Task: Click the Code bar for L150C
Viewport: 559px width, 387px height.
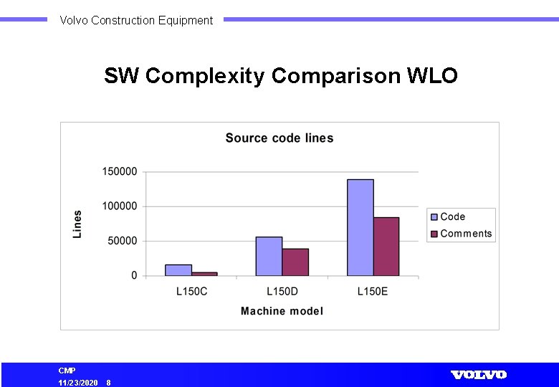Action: [178, 270]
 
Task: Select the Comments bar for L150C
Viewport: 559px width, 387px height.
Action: [204, 274]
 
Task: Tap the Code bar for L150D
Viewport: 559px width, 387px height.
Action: [269, 256]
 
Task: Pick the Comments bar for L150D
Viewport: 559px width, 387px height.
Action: [295, 262]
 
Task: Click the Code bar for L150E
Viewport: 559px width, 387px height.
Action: [360, 227]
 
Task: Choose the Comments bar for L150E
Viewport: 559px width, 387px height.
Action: [386, 247]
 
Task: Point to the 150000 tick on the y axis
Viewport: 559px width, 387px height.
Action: [120, 172]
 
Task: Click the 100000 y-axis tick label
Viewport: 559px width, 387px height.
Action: [120, 206]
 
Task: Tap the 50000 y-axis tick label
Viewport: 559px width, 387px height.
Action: [123, 242]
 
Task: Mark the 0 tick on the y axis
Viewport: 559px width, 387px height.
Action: [134, 276]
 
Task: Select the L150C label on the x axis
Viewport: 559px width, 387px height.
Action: [191, 292]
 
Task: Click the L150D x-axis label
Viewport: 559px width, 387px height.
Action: [282, 292]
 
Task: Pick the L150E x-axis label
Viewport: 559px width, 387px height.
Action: [373, 292]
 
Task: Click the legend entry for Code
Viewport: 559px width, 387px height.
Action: [452, 216]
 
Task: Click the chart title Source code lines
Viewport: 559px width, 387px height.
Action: [279, 138]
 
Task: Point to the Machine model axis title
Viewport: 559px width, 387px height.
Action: [282, 311]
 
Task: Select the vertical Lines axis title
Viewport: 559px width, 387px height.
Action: [77, 224]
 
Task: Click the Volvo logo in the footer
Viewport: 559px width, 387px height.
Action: [479, 375]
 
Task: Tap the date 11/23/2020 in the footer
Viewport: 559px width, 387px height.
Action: [78, 383]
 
